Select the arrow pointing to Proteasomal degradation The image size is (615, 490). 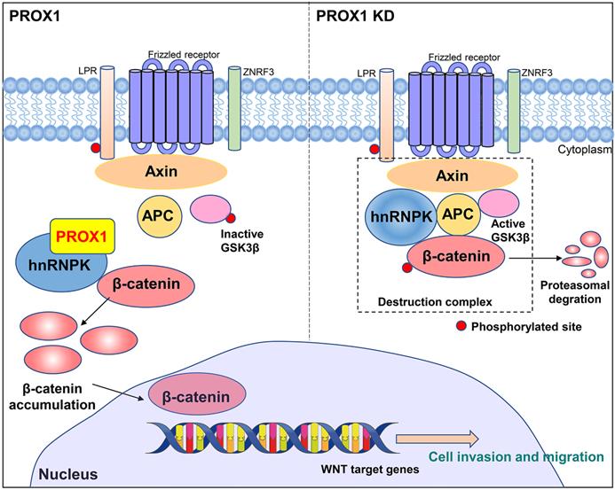[536, 258]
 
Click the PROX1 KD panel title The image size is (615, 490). [356, 15]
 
